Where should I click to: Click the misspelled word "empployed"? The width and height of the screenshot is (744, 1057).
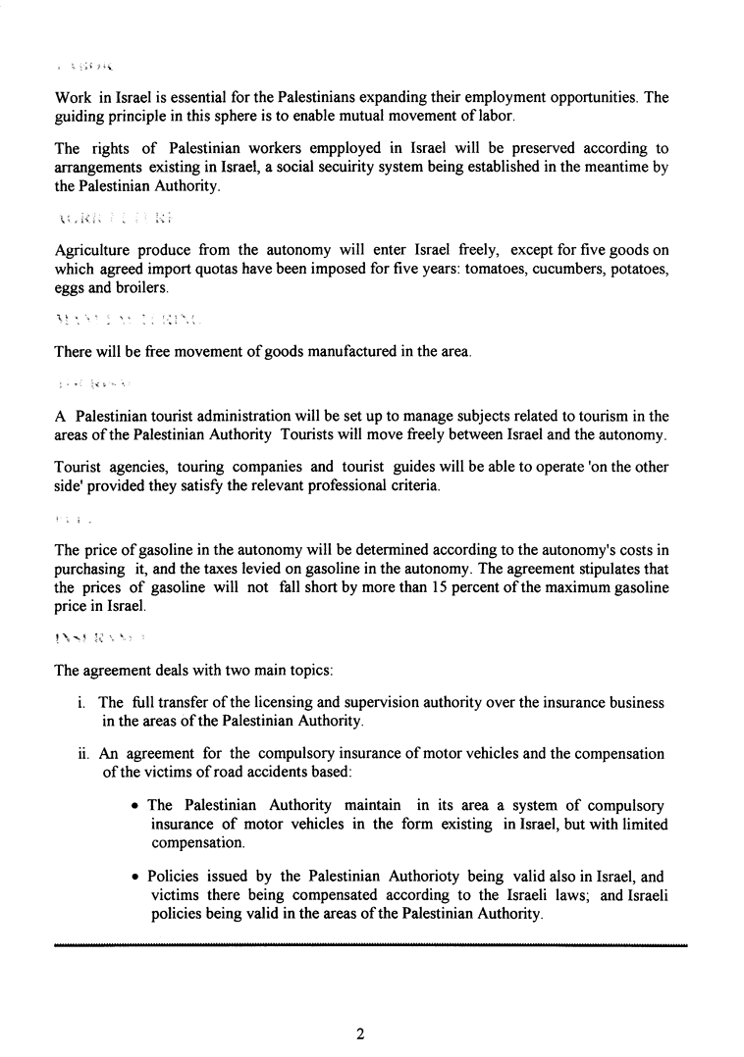(305, 148)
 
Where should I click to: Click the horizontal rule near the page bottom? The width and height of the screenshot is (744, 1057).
(372, 945)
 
